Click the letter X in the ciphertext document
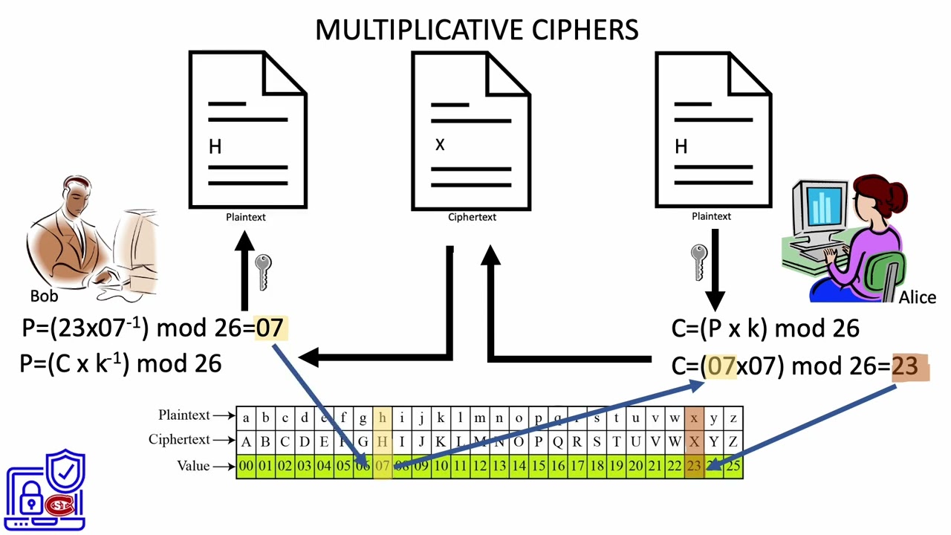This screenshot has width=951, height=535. tap(440, 145)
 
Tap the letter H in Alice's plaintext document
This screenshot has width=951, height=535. tap(681, 147)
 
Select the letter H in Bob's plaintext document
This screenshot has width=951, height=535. tap(215, 147)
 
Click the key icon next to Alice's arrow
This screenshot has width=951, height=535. tap(698, 262)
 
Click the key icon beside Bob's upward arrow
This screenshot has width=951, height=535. tap(263, 271)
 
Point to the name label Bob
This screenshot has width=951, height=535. tap(44, 296)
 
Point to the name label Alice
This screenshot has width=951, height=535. tap(917, 297)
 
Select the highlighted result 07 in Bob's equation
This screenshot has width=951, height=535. tap(269, 328)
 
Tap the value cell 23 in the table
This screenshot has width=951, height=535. tap(694, 467)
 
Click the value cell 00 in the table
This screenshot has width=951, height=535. tap(246, 467)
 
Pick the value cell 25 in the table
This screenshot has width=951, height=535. tap(733, 467)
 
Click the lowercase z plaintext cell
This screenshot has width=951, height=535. tap(733, 418)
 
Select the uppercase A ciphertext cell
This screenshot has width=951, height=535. tap(246, 441)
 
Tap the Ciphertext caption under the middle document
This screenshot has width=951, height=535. tap(472, 217)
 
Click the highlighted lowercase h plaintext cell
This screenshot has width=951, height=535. tap(382, 418)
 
